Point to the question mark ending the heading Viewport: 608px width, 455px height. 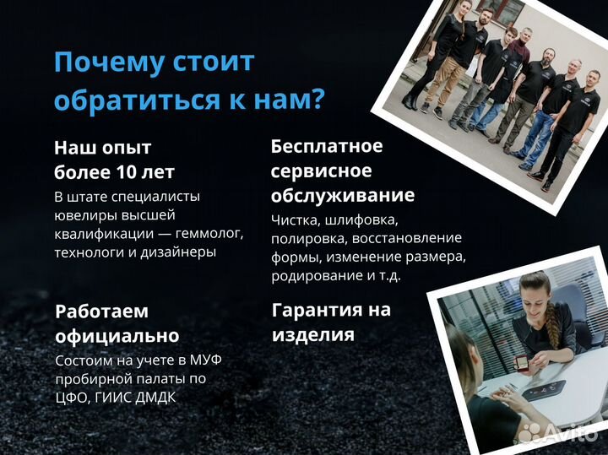(x=316, y=99)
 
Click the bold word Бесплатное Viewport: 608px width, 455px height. (x=326, y=146)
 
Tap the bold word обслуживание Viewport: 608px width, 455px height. (x=342, y=196)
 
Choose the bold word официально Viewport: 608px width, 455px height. (x=117, y=335)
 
